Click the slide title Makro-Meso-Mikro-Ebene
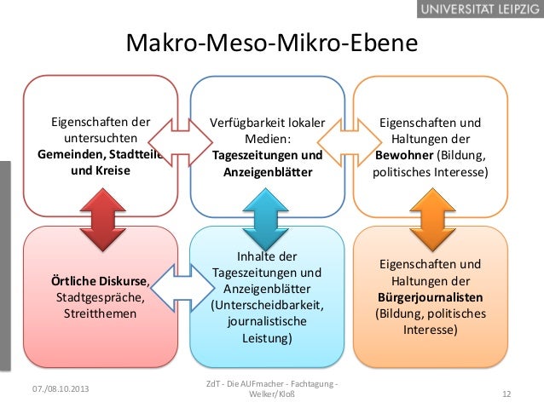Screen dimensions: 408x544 point(272,43)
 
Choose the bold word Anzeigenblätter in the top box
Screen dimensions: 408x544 point(268,172)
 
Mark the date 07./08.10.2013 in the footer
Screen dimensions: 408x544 point(59,388)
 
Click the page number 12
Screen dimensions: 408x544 point(506,394)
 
